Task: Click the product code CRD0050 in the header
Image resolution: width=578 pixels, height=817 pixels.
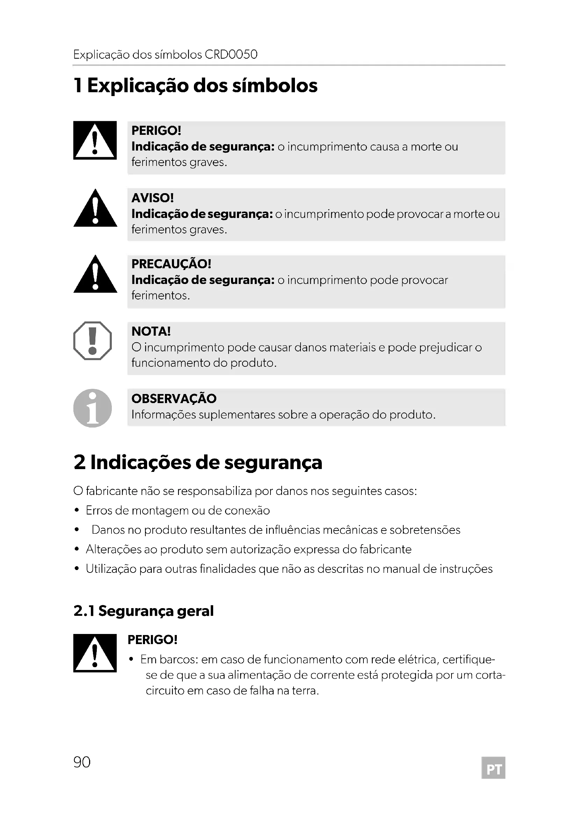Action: coord(231,54)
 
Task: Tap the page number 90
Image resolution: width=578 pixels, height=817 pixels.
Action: coord(82,762)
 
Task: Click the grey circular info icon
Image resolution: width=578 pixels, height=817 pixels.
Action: coord(93,408)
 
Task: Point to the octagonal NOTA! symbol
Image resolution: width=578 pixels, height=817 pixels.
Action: coord(93,341)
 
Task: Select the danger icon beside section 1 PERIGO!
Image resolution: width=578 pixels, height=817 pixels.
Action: coord(95,140)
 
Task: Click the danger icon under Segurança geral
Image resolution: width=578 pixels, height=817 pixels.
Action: coord(95,653)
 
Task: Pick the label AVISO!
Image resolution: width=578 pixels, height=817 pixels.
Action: coord(152,198)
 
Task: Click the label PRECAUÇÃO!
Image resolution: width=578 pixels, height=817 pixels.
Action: coord(171,264)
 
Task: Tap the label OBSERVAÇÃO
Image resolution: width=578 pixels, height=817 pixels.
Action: coord(174,399)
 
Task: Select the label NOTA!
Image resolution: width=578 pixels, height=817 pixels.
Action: coord(151,331)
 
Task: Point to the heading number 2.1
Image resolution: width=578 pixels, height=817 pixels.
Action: coord(84,611)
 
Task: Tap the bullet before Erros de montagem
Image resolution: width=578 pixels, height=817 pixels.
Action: coord(77,511)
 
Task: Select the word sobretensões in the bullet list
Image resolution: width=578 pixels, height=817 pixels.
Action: coord(425,530)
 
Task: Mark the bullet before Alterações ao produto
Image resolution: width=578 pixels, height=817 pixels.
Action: coord(77,549)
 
